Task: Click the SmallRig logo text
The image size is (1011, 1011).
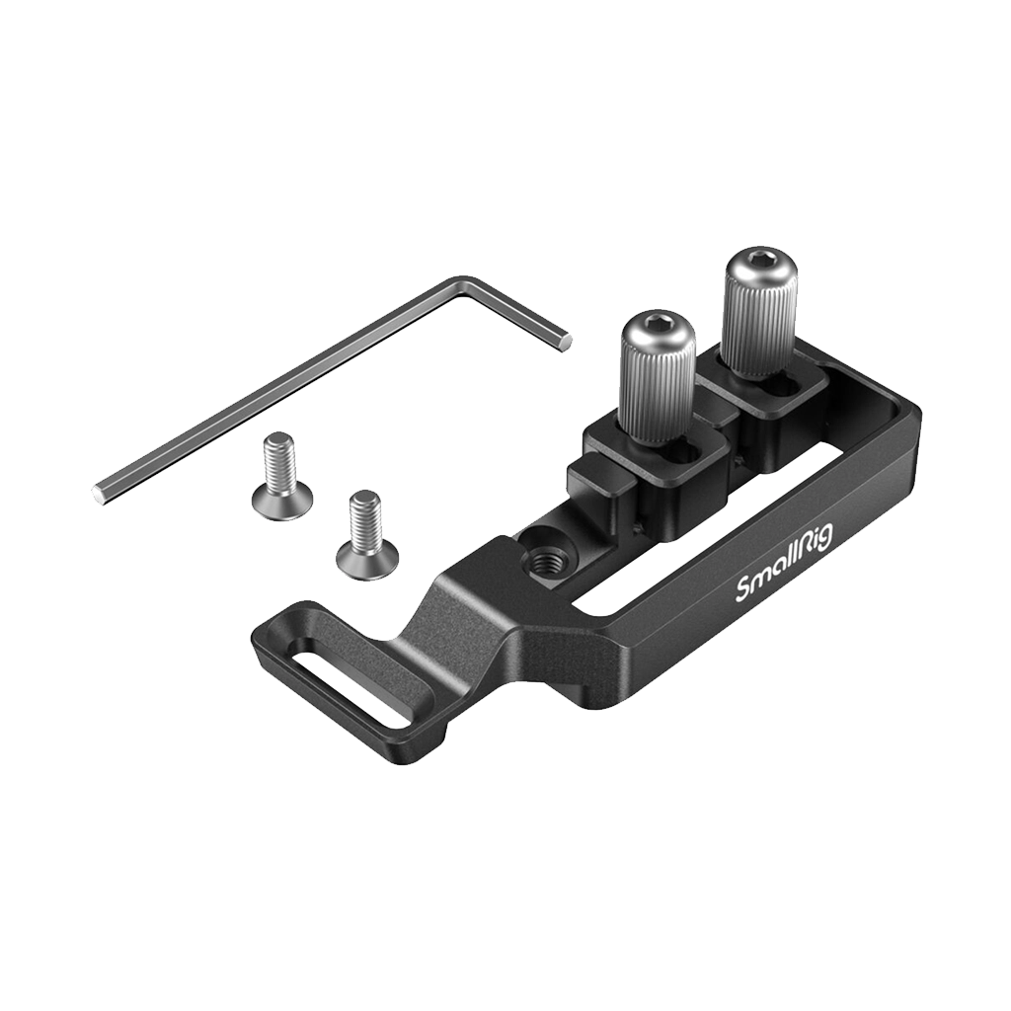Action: pos(785,562)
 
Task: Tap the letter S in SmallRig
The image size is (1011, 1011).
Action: pos(743,591)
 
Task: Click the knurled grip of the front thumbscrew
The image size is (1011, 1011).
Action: pos(656,390)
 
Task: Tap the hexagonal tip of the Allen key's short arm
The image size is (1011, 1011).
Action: pos(566,341)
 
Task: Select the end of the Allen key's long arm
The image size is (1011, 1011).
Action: pos(100,491)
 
